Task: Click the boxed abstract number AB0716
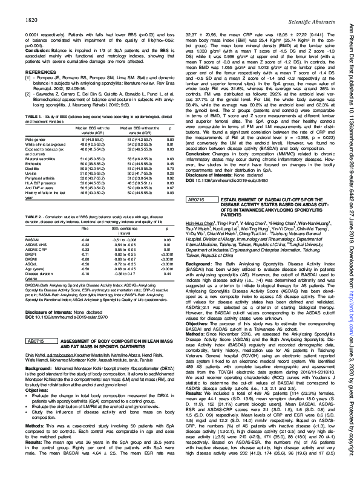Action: click(198, 216)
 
